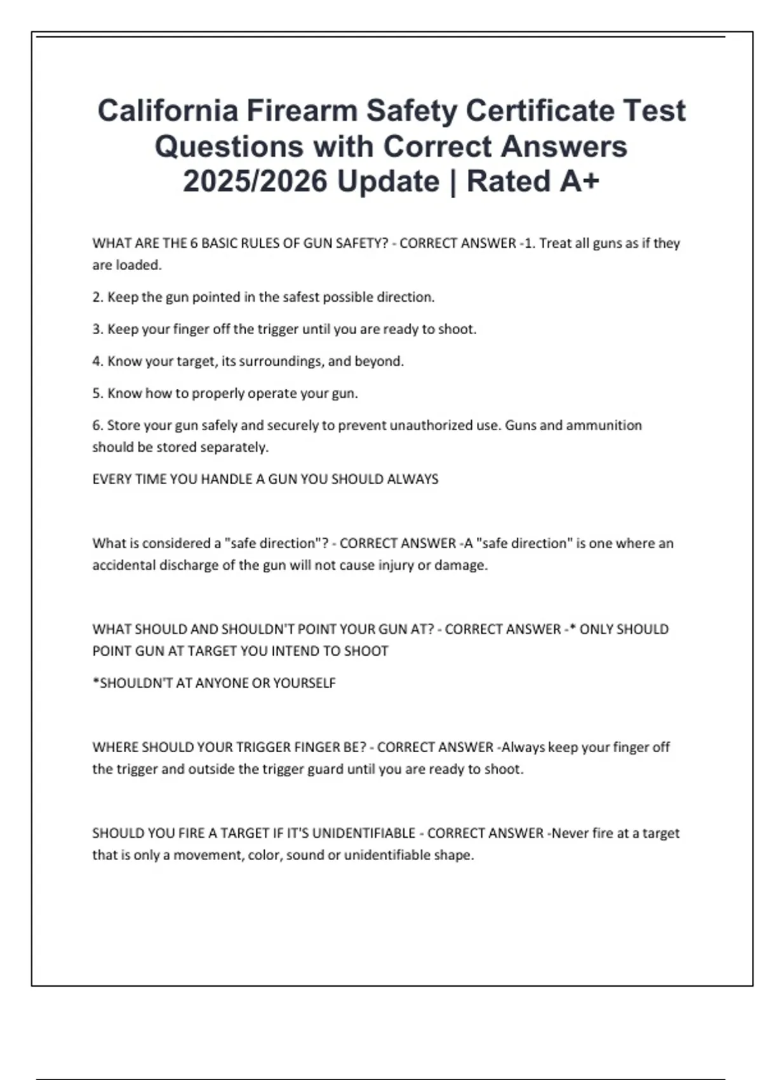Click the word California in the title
pos(167,111)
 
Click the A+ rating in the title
pos(580,181)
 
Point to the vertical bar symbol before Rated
pos(453,181)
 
